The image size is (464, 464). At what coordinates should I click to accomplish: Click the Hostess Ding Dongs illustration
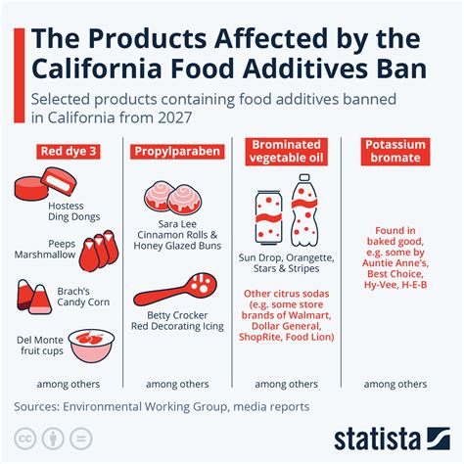pos(42,186)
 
